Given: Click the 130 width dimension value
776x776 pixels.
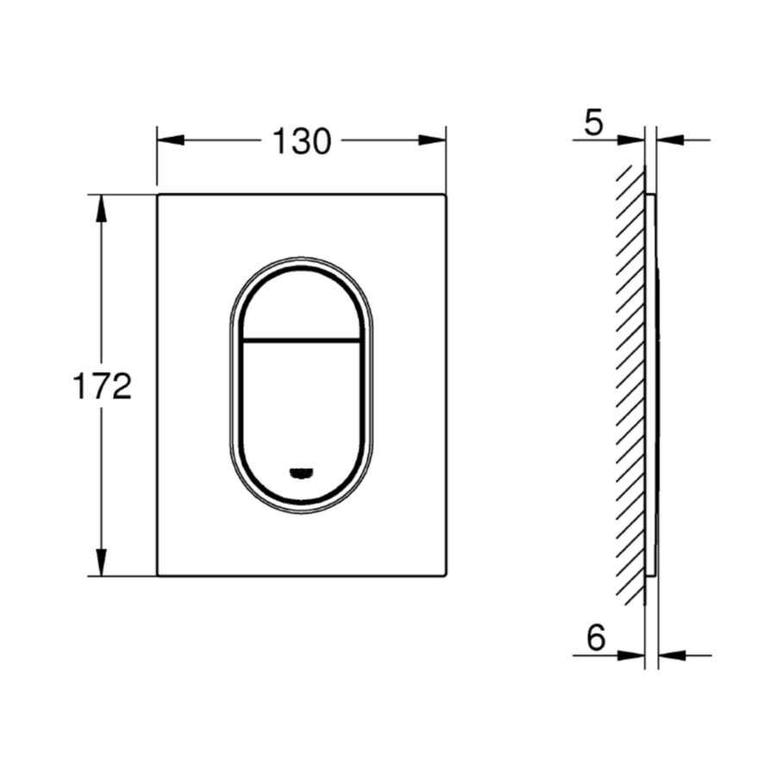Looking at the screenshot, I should [302, 141].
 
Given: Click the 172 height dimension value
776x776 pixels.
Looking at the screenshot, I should [101, 386].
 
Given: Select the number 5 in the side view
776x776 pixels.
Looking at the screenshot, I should [593, 123].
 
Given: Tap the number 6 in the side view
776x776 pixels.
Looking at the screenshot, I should [595, 639].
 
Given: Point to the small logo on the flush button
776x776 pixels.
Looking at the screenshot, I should [301, 471].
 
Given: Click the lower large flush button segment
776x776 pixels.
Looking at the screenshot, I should [301, 405].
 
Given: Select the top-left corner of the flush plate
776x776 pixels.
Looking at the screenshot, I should [158, 196].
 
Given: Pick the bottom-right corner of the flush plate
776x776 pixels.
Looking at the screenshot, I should [446, 575].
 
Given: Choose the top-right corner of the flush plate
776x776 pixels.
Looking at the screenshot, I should [446, 196].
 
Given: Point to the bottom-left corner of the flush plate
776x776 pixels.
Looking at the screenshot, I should [158, 575].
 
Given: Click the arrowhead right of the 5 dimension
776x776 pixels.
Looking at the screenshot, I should [671, 139].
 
